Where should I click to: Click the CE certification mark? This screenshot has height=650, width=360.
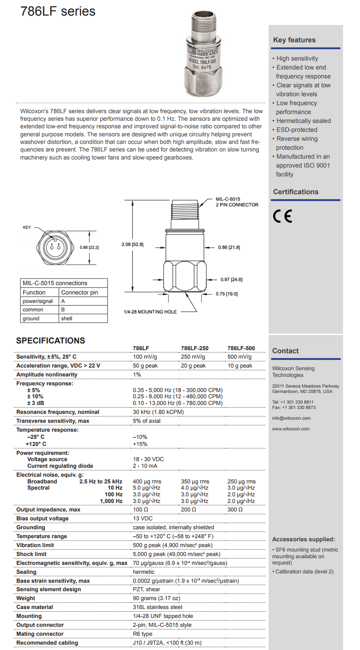tap(282, 216)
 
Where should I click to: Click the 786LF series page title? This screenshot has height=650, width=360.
tap(58, 12)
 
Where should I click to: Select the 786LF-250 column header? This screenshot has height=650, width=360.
tap(194, 348)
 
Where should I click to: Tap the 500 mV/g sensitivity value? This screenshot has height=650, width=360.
tap(240, 357)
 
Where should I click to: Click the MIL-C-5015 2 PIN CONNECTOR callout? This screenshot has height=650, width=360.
tap(237, 202)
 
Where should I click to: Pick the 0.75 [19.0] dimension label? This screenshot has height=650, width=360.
tap(227, 294)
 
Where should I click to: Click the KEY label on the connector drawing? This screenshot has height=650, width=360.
tap(27, 228)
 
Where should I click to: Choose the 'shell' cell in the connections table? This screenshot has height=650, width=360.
tap(66, 319)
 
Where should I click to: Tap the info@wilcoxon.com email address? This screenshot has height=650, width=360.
tap(291, 418)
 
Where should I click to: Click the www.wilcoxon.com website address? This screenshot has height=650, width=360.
tap(290, 429)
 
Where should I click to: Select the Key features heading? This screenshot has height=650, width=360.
tap(294, 40)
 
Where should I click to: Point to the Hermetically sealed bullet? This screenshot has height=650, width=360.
tap(303, 121)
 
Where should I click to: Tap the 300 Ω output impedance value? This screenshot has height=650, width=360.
tap(235, 510)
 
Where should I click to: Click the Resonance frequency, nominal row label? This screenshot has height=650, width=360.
tap(58, 412)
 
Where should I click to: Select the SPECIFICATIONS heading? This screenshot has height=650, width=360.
tap(50, 341)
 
